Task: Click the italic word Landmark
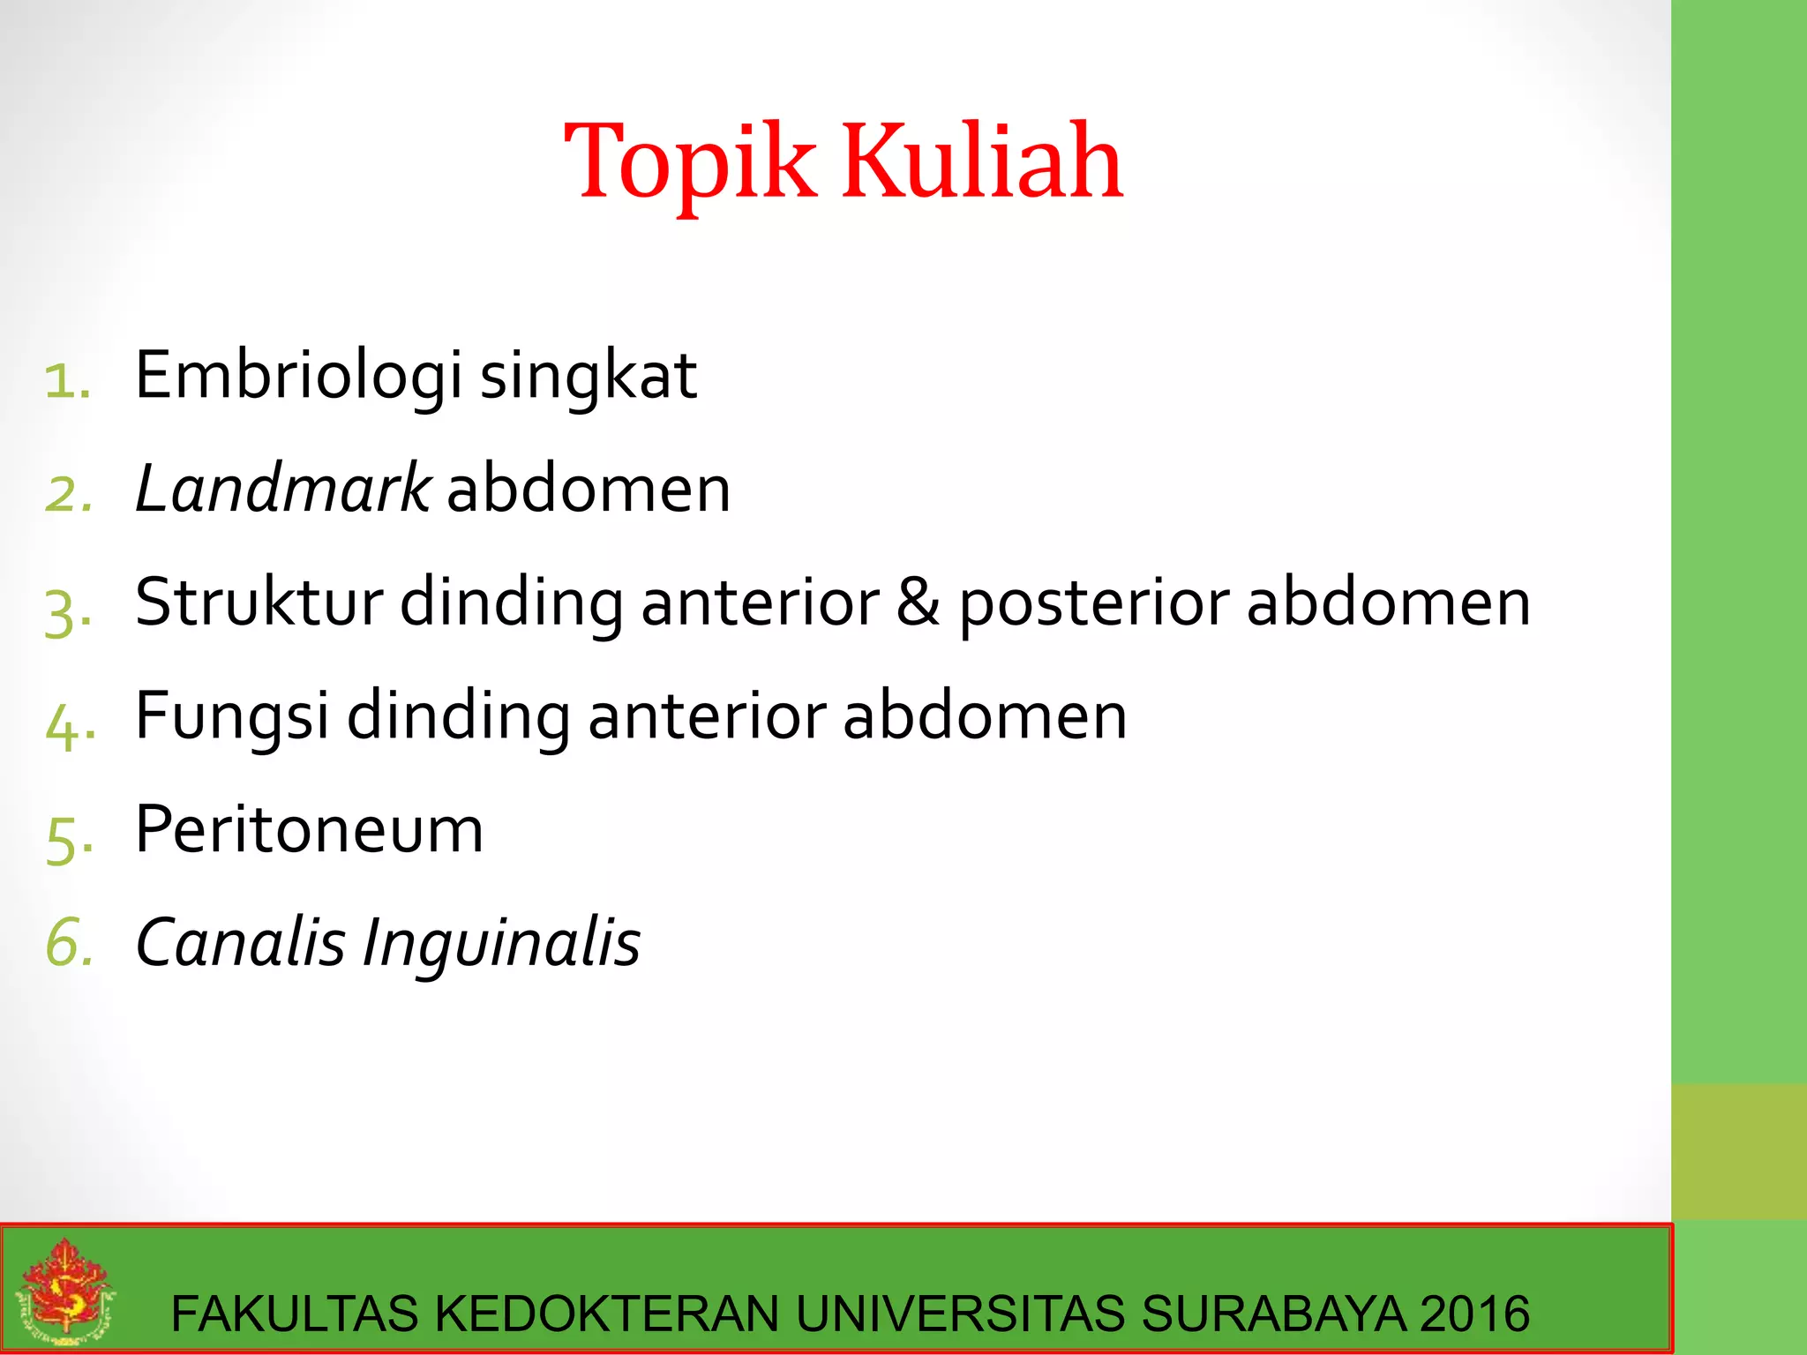(x=282, y=490)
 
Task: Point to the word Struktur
(x=259, y=603)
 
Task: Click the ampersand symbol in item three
(x=918, y=603)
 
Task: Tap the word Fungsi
(x=232, y=716)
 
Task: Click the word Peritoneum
(x=309, y=830)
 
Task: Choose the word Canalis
(x=240, y=943)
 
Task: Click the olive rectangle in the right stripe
(x=1738, y=1151)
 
